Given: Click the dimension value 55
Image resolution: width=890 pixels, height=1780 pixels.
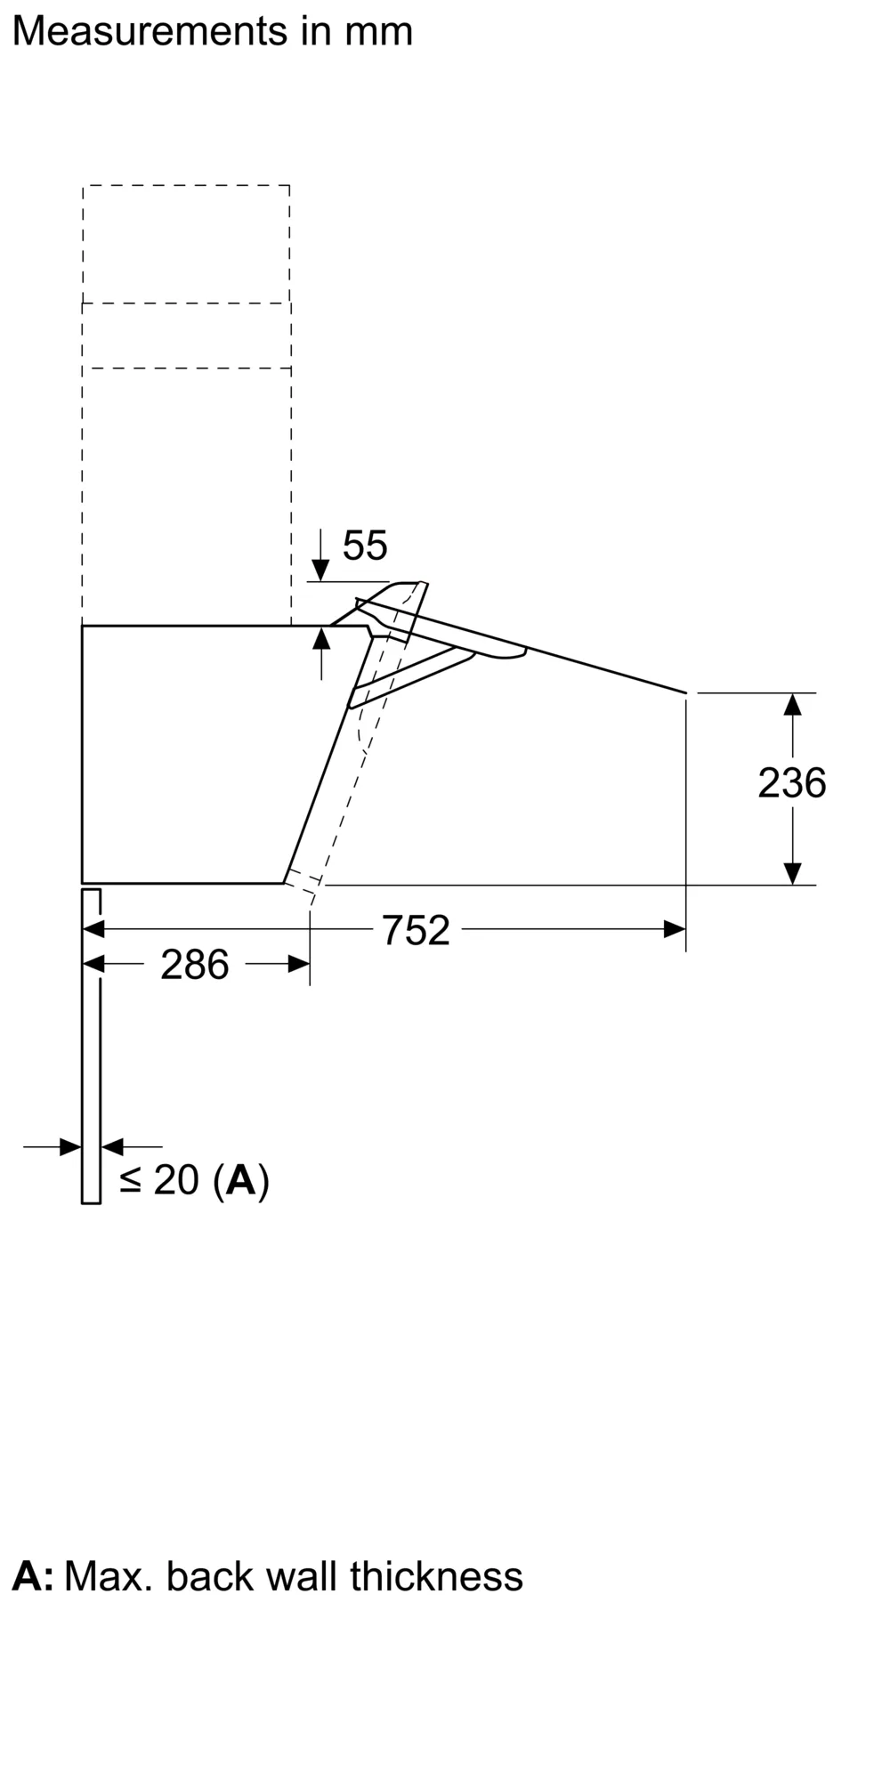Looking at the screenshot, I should click(x=365, y=546).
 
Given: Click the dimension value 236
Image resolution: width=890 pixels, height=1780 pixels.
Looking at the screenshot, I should click(x=791, y=783).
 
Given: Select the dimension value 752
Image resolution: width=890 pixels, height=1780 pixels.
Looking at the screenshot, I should click(x=416, y=931).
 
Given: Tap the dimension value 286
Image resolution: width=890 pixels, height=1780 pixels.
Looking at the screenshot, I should click(x=194, y=965).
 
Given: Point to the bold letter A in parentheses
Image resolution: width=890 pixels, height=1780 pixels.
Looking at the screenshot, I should click(x=241, y=1180).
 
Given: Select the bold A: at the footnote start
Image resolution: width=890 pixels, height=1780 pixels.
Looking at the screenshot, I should click(x=32, y=1576).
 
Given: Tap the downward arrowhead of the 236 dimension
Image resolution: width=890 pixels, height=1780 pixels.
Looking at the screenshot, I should click(x=792, y=873).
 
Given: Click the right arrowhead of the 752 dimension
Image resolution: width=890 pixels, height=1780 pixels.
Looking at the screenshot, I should click(x=675, y=930).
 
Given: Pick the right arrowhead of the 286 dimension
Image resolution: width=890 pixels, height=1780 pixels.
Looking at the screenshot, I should click(x=299, y=964).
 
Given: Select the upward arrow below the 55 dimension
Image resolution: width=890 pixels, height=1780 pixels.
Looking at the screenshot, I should click(x=321, y=639).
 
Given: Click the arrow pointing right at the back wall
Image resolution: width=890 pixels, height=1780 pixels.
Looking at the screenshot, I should click(x=69, y=1146).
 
